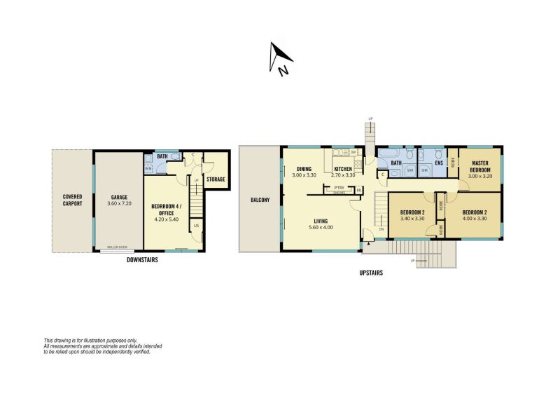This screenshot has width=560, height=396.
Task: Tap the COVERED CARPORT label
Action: tap(73, 200)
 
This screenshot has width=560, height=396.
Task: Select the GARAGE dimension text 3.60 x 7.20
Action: tap(119, 203)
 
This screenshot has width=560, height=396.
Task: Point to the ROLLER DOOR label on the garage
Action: tap(117, 247)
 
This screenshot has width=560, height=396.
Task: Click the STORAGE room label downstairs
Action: tap(216, 179)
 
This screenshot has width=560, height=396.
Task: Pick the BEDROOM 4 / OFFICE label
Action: tap(166, 210)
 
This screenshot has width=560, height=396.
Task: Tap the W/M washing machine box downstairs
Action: tap(148, 168)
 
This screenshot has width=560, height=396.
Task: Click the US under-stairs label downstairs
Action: tap(196, 225)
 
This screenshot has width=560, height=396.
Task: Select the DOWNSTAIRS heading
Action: tap(142, 259)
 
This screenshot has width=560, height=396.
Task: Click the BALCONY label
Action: tap(260, 200)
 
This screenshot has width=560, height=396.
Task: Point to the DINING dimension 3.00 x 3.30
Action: tap(304, 175)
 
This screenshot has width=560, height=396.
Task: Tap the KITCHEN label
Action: tap(342, 169)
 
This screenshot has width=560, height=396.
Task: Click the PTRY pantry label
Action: tap(339, 188)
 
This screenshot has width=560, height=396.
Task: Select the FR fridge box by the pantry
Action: tap(358, 190)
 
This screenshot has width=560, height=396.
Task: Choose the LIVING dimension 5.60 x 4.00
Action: tap(322, 226)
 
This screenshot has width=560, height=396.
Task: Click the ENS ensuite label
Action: tap(439, 163)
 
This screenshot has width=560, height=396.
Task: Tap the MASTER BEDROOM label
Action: tap(480, 165)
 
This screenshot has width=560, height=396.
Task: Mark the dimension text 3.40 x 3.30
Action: tap(412, 219)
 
